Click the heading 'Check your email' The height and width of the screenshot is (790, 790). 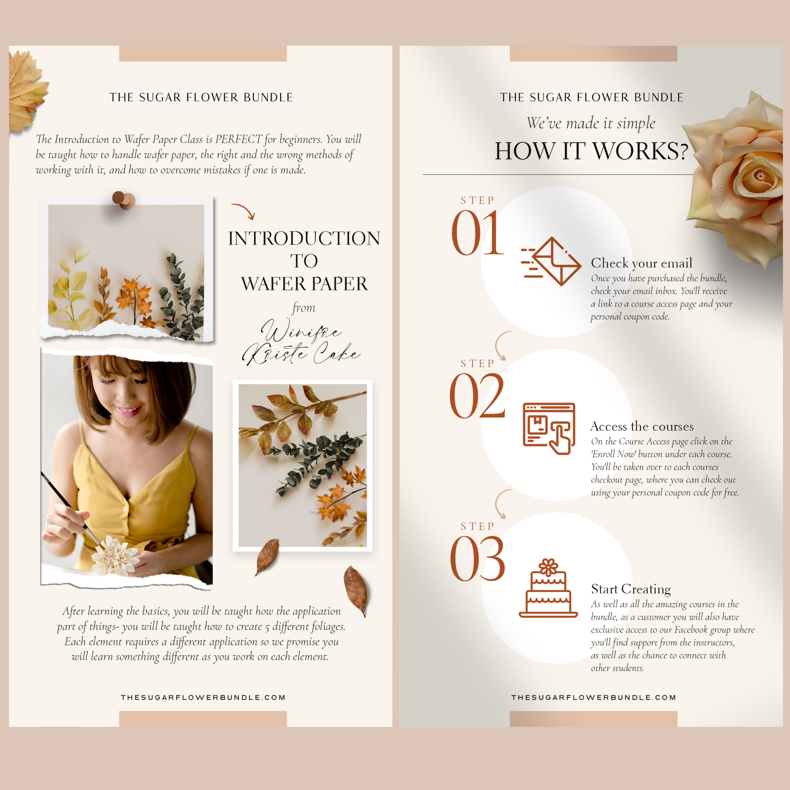[x=642, y=263]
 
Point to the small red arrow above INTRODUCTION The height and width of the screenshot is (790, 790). [x=244, y=210]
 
